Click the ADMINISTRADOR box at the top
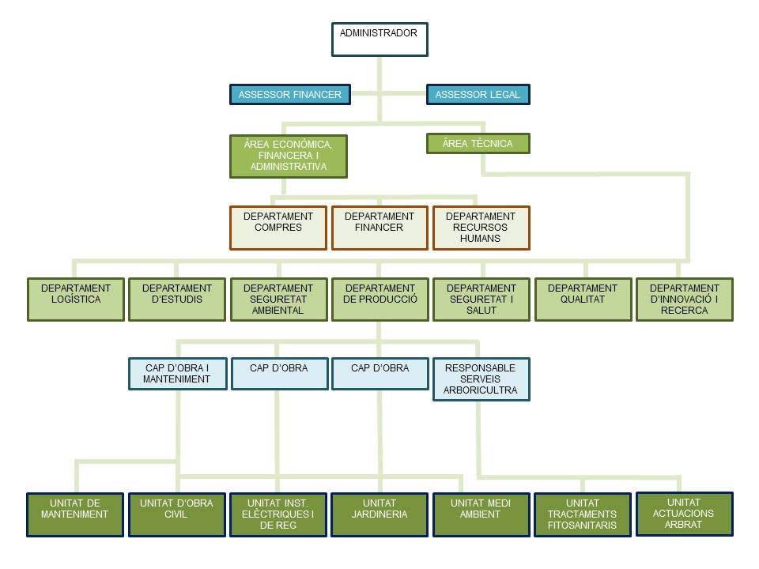(x=379, y=40)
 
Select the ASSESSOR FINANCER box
(x=289, y=95)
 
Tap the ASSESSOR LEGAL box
(x=478, y=95)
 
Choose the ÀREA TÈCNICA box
(x=478, y=143)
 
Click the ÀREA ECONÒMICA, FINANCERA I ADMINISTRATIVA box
(x=289, y=156)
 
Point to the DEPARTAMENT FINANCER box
(x=379, y=228)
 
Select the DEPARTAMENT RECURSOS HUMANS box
(x=481, y=228)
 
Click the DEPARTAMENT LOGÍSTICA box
(x=76, y=299)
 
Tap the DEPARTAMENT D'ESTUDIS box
(x=177, y=299)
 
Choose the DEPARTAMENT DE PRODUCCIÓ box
(x=379, y=299)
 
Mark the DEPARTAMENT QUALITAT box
(x=583, y=299)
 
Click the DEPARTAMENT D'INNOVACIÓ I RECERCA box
(x=684, y=299)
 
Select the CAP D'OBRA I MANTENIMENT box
(x=177, y=374)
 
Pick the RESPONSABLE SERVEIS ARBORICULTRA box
(x=481, y=379)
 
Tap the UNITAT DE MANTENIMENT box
(x=76, y=514)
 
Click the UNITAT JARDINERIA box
(x=379, y=514)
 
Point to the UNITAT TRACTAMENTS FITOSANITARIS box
(x=583, y=514)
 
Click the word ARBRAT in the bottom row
(x=684, y=523)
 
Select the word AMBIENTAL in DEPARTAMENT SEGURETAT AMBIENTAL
(x=278, y=311)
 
